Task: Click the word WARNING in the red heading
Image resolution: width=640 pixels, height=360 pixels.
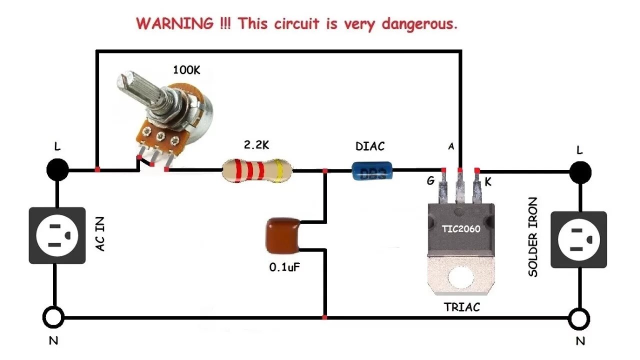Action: [174, 23]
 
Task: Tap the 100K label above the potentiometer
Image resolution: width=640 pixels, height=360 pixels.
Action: [186, 70]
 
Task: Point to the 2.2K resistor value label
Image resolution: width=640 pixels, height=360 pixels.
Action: [256, 145]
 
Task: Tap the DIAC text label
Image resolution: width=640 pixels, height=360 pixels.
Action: [370, 146]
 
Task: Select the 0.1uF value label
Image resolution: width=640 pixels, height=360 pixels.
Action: [285, 267]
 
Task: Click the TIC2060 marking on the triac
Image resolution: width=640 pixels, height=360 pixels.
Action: [460, 229]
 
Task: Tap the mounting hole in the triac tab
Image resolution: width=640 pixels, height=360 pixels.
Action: [460, 277]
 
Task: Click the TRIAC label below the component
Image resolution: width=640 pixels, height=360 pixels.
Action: [461, 307]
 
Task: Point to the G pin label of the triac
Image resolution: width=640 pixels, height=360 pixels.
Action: [430, 181]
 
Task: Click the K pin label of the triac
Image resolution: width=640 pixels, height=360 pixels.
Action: [488, 182]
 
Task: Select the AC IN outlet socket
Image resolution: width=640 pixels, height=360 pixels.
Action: [56, 235]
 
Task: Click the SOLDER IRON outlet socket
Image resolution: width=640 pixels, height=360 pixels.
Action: [578, 239]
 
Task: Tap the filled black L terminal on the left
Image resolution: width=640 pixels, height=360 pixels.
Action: [57, 170]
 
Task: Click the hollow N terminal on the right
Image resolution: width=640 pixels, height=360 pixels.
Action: [579, 317]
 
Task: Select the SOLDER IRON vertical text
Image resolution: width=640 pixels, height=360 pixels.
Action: [533, 237]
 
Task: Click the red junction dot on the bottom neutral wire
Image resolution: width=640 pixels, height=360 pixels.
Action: [325, 317]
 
